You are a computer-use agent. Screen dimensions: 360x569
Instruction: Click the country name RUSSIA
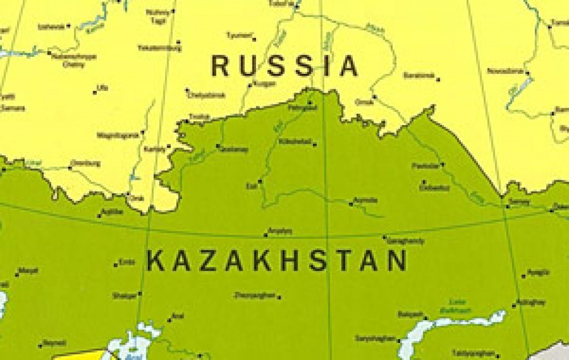pos(284,66)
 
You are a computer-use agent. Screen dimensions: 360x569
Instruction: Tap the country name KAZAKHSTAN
pos(277,261)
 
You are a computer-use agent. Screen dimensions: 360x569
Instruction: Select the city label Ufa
pos(102,87)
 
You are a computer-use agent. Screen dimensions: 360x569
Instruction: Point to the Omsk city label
pos(364,102)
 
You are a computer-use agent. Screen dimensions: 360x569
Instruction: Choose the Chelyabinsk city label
pos(207,95)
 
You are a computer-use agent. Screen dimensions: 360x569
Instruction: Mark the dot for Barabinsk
pos(438,80)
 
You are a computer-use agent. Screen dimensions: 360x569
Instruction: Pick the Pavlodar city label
pos(425,166)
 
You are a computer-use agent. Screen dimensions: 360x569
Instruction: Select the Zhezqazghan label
pos(254,295)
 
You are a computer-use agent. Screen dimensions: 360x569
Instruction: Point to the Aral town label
pos(178,316)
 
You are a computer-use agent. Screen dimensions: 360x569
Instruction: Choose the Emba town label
pos(127,262)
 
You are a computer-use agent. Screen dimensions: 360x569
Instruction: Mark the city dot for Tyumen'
pos(254,40)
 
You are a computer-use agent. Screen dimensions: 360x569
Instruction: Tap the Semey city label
pos(519,202)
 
